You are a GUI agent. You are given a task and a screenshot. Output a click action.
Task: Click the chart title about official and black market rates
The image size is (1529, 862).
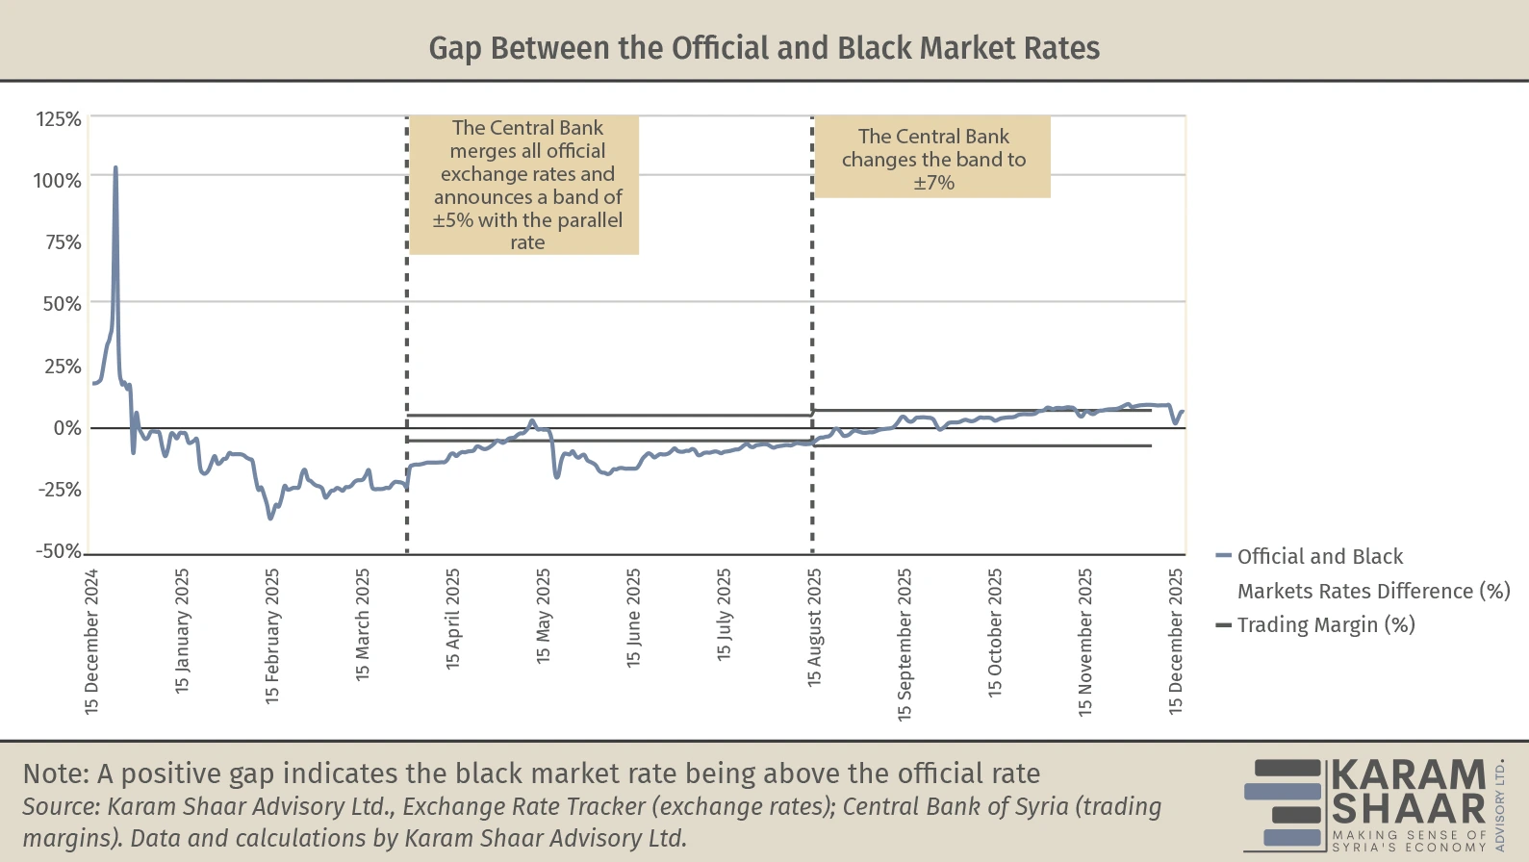(x=764, y=48)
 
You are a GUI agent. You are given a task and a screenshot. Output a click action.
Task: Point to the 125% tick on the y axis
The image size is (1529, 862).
(x=59, y=119)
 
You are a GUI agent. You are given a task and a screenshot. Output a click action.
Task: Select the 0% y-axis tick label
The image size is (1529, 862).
(x=67, y=428)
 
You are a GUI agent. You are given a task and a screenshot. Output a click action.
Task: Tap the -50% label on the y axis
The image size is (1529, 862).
(x=59, y=551)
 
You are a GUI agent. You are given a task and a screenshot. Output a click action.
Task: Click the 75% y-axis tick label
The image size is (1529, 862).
(x=64, y=242)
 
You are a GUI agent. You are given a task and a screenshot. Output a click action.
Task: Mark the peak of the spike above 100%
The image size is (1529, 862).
(x=115, y=167)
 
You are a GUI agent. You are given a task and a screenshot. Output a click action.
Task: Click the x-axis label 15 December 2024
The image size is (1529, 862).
(x=92, y=641)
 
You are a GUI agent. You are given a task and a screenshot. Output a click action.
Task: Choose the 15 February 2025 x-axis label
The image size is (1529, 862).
(x=272, y=635)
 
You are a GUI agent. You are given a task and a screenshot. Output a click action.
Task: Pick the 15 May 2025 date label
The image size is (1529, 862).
(x=544, y=616)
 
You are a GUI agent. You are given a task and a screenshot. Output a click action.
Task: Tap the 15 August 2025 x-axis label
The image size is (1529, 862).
(x=815, y=627)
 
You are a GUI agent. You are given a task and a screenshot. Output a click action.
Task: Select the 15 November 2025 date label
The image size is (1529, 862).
(x=1085, y=642)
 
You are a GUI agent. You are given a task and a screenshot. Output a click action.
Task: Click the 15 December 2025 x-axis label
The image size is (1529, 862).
(x=1176, y=641)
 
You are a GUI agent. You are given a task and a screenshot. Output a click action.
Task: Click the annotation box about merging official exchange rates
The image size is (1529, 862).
(x=526, y=185)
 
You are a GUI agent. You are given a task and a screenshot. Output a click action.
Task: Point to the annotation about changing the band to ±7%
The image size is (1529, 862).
(x=933, y=160)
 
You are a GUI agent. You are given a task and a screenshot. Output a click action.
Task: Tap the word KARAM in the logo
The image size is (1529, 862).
(x=1409, y=775)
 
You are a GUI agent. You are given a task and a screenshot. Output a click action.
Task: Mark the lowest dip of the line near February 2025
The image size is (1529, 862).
(x=270, y=519)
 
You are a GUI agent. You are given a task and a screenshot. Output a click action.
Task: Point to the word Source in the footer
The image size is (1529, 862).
(x=60, y=806)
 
